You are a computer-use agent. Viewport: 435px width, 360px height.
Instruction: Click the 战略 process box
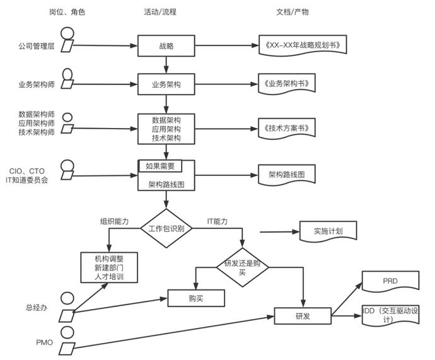pos(166,46)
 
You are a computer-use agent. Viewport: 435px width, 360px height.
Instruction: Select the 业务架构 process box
pos(166,84)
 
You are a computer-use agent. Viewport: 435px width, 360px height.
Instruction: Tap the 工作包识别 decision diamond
pos(166,228)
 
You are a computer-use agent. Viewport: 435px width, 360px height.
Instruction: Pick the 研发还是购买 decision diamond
pos(243,267)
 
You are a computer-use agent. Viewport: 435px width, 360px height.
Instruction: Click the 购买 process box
pos(196,298)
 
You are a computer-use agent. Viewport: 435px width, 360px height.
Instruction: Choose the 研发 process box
pos(303,316)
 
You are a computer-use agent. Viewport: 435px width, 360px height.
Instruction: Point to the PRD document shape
pos(391,282)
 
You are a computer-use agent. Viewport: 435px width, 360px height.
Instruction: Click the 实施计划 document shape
pos(328,231)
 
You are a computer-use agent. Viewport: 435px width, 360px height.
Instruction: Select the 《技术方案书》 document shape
pos(287,128)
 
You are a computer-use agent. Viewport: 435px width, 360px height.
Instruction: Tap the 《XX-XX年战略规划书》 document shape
pos(303,45)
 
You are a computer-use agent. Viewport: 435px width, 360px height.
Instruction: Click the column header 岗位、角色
pos(67,12)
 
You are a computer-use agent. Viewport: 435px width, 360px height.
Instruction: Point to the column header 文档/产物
pos(293,12)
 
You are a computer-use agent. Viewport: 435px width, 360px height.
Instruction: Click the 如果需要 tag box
pos(160,166)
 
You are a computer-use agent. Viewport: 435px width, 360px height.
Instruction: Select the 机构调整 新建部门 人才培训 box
pos(109,268)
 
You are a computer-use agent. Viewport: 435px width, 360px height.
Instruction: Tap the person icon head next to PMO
pos(67,332)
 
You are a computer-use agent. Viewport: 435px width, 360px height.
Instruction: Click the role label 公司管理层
pos(37,46)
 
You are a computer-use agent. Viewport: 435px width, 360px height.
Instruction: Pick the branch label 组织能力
pos(114,221)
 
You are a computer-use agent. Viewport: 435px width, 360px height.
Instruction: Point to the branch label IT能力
pos(217,221)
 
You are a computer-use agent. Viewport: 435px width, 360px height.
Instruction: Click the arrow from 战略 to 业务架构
pos(166,65)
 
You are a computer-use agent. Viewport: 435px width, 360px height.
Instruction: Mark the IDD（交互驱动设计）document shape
pos(391,315)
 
